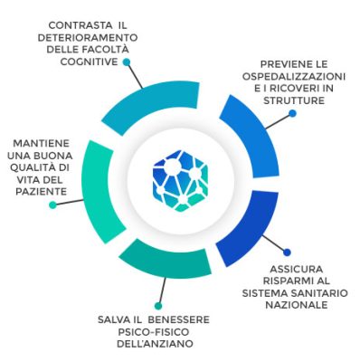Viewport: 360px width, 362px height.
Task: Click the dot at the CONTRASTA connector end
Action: (x=127, y=62)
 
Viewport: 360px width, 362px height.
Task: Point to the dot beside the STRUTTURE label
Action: (x=292, y=114)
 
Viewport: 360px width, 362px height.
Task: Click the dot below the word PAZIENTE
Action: (x=52, y=205)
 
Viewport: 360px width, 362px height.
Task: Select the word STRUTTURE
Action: (x=293, y=101)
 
